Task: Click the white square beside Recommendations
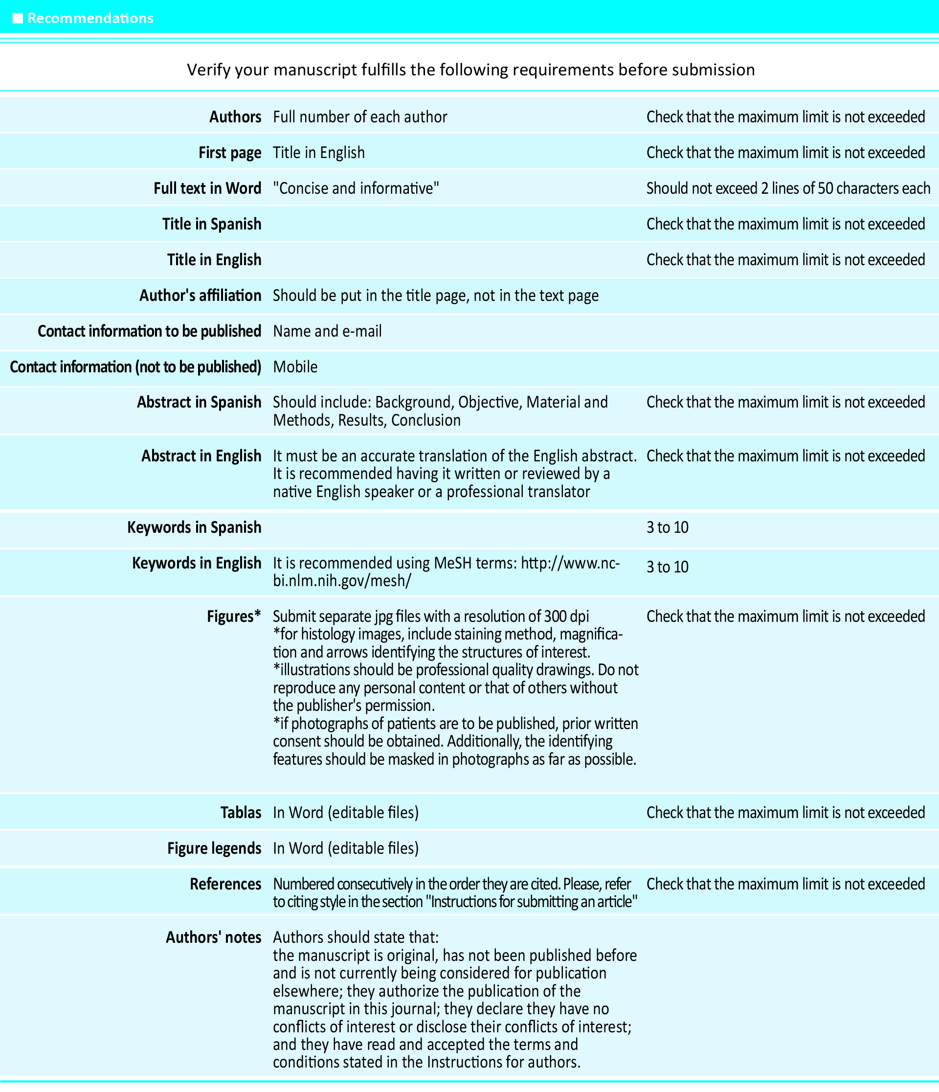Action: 18,19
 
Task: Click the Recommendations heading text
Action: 90,19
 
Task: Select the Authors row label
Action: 235,117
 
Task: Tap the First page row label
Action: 230,153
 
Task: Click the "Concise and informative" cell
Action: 356,189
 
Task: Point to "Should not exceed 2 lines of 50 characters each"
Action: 788,189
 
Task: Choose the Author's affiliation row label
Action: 200,296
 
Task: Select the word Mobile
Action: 295,367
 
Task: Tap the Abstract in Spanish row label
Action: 199,403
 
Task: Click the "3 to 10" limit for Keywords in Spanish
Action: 667,527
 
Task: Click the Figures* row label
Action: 234,616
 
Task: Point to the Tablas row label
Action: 241,813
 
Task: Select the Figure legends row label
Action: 214,848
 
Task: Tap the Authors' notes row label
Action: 213,937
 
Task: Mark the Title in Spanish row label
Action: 212,225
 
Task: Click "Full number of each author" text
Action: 360,117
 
